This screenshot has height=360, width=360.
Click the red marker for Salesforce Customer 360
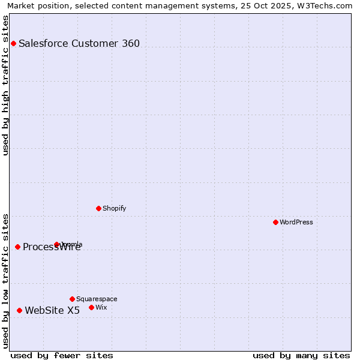(13, 43)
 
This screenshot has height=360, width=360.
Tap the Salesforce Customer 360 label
(79, 43)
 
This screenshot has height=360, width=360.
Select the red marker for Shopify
(98, 208)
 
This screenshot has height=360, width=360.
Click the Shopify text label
(114, 208)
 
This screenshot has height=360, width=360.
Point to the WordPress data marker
(275, 222)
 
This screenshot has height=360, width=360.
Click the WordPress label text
(296, 222)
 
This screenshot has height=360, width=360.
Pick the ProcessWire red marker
(17, 247)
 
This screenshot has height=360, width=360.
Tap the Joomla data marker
(57, 244)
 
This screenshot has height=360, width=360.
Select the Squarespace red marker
(72, 299)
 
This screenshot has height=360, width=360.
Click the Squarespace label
(97, 299)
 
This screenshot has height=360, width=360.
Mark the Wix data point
(91, 307)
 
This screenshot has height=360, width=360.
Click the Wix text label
(101, 307)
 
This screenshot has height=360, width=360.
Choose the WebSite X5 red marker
(19, 310)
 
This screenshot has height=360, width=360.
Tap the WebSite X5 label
(52, 310)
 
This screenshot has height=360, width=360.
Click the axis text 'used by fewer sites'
(62, 355)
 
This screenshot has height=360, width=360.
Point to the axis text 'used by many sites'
(301, 355)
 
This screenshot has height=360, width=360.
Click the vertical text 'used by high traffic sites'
(5, 85)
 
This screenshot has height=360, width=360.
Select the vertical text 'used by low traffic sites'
(5, 280)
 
